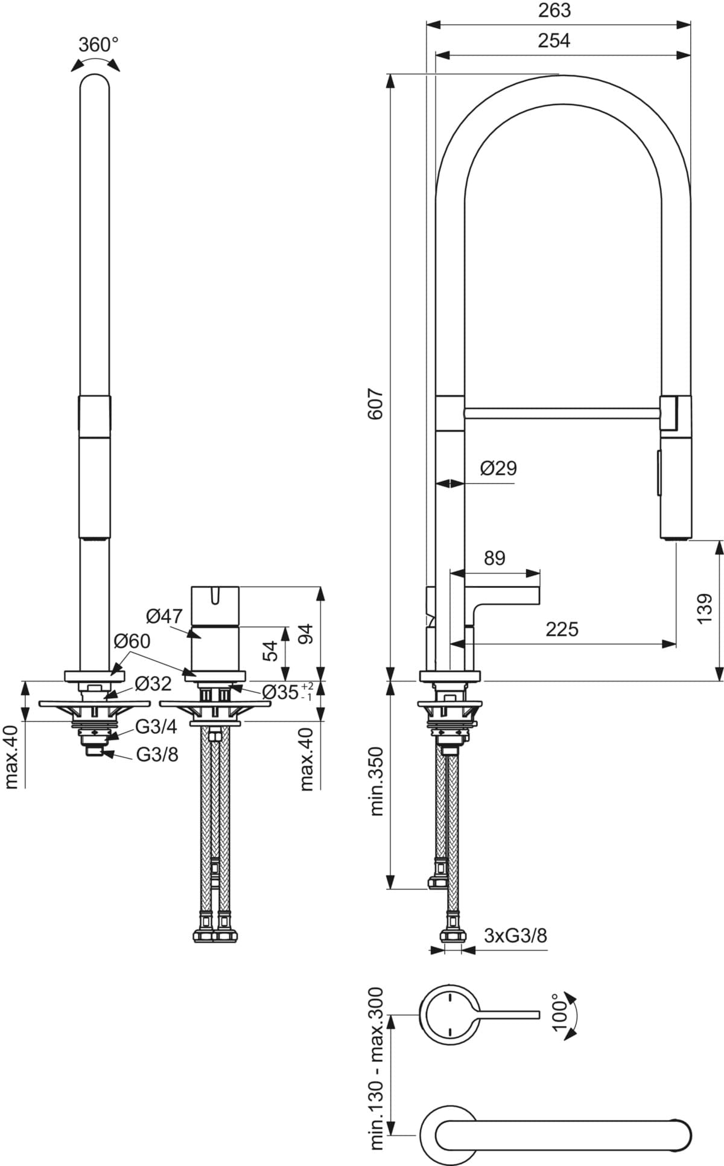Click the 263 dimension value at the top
pos(554,10)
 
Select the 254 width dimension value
pos(554,40)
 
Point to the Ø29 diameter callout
pos(498,468)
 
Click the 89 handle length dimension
pos(495,558)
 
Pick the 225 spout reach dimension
pos(562,629)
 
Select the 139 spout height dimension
pos(704,609)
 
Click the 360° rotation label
pos(98,45)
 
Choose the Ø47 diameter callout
pos(164,616)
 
